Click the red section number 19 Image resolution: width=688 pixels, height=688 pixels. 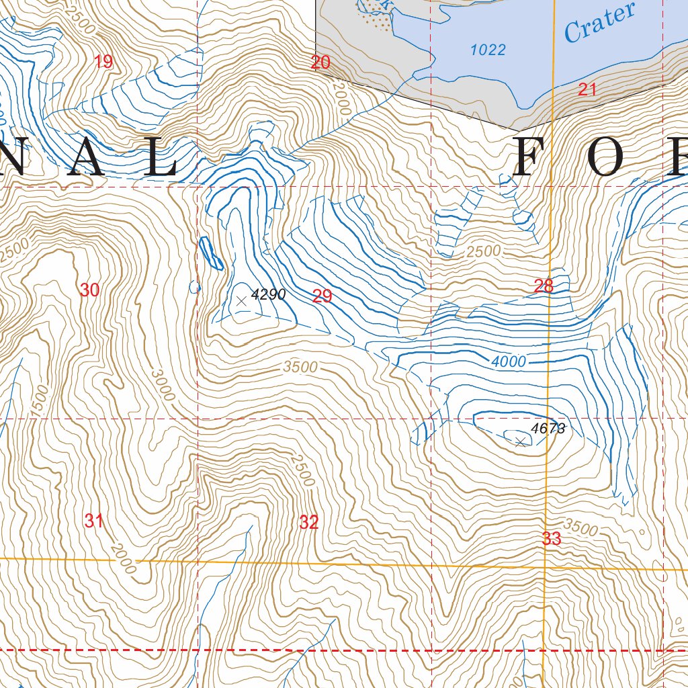pos(103,62)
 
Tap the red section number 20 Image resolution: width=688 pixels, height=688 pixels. pos(320,63)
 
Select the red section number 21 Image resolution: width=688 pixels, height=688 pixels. pos(587,89)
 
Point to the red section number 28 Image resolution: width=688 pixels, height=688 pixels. pos(544,286)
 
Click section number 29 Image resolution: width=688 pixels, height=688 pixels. pos(322,296)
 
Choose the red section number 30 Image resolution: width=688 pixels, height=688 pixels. pos(89,290)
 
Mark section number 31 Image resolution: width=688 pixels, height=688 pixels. pos(94,520)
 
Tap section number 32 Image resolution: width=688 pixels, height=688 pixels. pos(308,521)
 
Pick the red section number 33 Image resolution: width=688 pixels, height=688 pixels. pos(551,538)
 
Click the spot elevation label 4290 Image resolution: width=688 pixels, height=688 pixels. pos(269,294)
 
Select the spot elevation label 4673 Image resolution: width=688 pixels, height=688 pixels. pos(548,428)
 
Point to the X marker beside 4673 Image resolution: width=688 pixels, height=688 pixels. pos(520,441)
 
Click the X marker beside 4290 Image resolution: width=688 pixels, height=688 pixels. pos(241,302)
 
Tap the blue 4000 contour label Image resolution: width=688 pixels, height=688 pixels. pos(509,361)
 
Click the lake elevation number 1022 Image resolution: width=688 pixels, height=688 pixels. pos(488,50)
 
